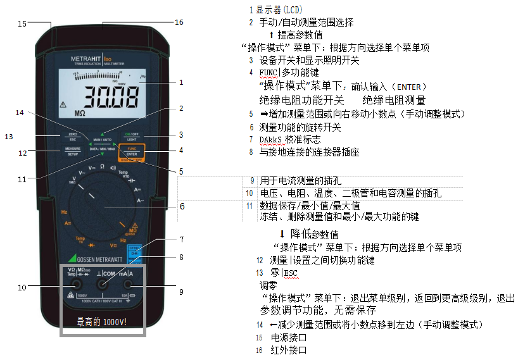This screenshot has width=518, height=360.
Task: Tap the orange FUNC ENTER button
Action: (x=132, y=151)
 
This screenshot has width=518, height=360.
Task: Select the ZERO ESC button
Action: (x=72, y=137)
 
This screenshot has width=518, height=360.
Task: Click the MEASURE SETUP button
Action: (x=72, y=151)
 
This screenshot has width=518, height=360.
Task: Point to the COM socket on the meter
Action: (x=101, y=285)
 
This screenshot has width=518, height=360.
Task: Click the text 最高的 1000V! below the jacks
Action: (x=101, y=321)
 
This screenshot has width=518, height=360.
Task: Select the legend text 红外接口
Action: (x=289, y=349)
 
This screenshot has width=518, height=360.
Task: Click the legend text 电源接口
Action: (x=289, y=337)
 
